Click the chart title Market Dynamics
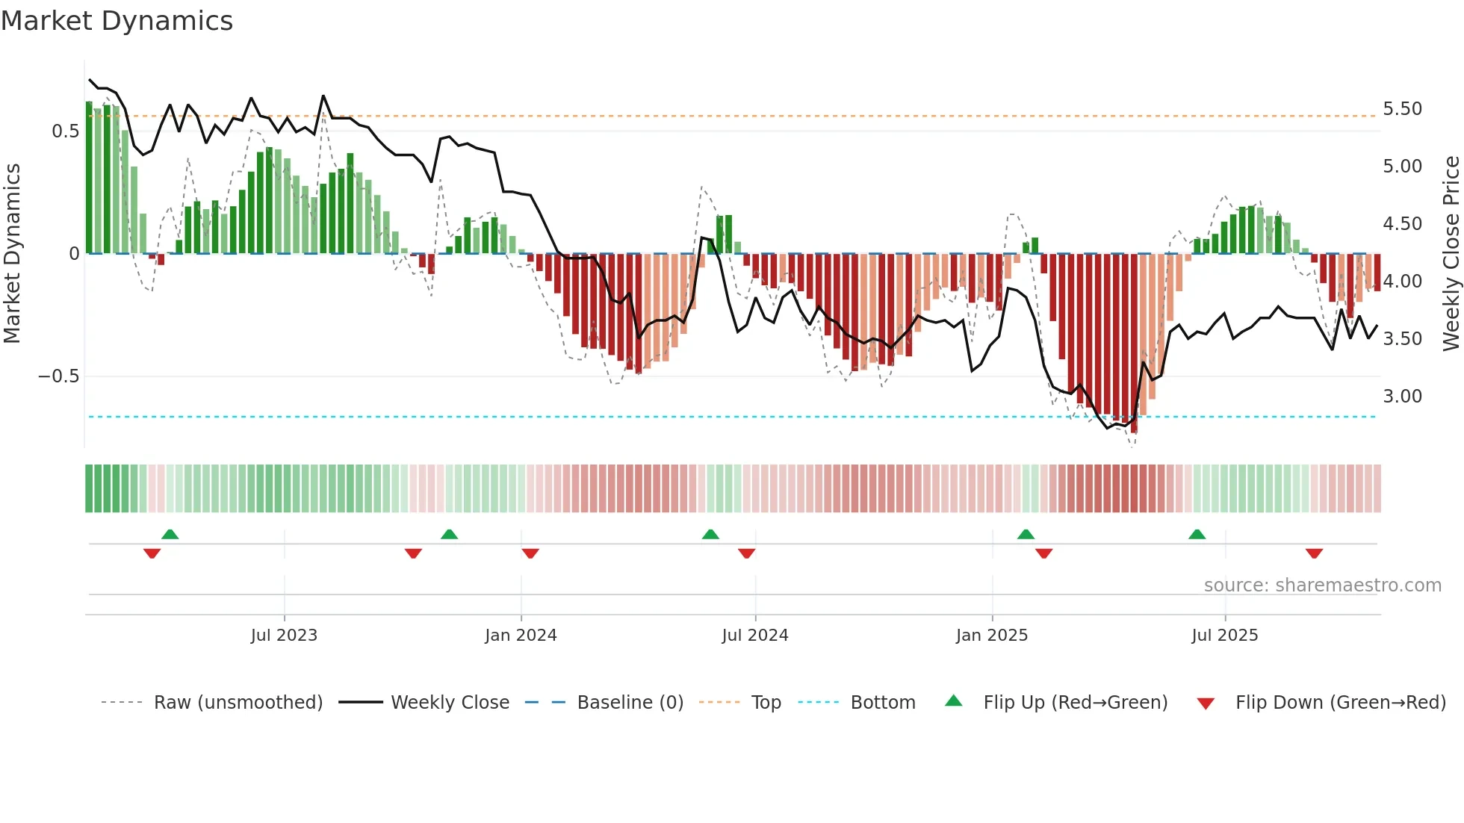pos(117,21)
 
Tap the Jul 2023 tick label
pos(284,636)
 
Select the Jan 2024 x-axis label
pos(521,636)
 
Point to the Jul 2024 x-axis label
pos(754,636)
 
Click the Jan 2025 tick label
pos(991,636)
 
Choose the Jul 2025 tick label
pos(1224,636)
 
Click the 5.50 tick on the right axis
pos(1402,109)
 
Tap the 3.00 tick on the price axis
pos(1402,397)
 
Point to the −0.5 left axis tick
pos(59,376)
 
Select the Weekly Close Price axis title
pos(1451,254)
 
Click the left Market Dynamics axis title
pos(12,254)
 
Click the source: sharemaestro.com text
pos(1322,586)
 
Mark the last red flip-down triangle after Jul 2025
pos(1314,553)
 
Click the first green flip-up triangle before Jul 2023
pos(170,534)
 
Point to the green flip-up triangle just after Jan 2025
pos(1026,534)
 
